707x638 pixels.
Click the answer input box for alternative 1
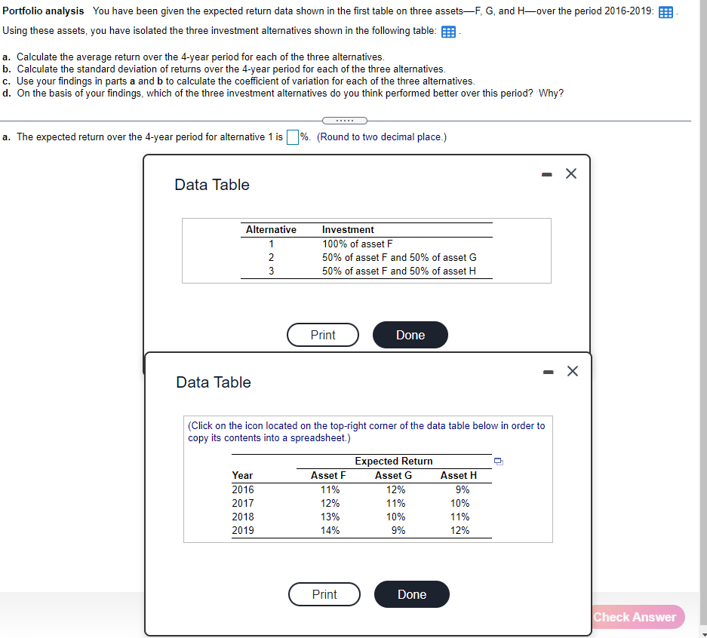293,136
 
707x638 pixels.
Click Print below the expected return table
324,594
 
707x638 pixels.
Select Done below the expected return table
411,594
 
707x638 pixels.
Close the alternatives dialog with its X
571,174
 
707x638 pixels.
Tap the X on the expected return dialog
573,371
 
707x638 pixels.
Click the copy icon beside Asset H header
498,462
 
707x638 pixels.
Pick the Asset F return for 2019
330,530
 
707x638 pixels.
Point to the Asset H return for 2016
460,489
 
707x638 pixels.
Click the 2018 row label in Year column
243,517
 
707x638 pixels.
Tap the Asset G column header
393,475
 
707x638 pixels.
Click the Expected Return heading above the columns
393,461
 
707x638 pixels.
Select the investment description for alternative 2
398,257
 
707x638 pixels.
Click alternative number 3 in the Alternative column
271,271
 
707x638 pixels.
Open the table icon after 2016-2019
666,13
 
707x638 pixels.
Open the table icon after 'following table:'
447,32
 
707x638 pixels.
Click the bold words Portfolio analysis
44,11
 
